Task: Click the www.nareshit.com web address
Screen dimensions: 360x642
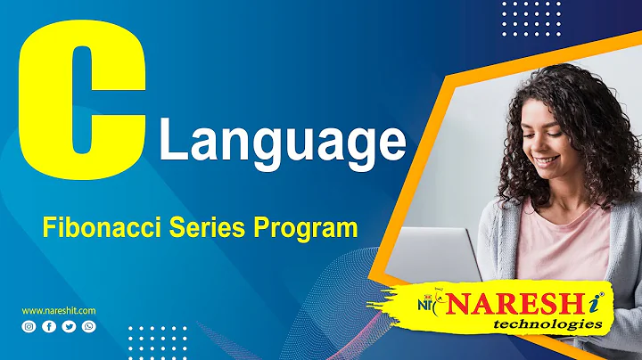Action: click(59, 310)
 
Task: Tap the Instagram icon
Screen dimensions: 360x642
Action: click(29, 327)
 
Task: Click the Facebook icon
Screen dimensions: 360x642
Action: click(48, 327)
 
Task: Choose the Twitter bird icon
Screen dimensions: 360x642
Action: click(68, 327)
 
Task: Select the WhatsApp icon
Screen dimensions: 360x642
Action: click(87, 327)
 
